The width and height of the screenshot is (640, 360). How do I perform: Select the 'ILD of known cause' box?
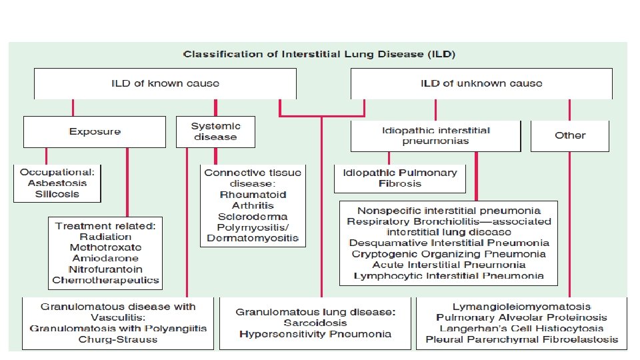click(x=165, y=83)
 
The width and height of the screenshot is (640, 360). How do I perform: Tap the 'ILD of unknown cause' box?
click(x=481, y=83)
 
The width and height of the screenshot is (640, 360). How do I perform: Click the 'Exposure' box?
click(x=95, y=131)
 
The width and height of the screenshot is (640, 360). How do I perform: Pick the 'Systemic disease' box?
click(x=215, y=131)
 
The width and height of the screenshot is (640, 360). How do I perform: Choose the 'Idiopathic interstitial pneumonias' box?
click(x=436, y=135)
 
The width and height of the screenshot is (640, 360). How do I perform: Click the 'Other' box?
click(x=570, y=135)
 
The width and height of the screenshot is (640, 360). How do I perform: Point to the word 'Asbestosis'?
click(x=56, y=183)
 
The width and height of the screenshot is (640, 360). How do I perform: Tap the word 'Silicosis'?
click(x=56, y=194)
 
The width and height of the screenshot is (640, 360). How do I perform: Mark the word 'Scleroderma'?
click(x=253, y=217)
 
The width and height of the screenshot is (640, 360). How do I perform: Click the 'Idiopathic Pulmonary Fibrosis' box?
click(x=399, y=177)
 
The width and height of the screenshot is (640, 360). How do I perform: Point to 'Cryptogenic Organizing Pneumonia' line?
click(x=449, y=254)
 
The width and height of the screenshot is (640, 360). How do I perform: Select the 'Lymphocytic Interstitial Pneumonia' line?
click(x=449, y=275)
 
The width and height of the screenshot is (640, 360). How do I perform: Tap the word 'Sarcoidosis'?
click(x=315, y=322)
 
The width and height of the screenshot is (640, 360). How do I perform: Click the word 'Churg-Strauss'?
click(x=118, y=339)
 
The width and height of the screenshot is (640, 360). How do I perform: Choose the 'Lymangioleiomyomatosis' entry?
click(x=521, y=307)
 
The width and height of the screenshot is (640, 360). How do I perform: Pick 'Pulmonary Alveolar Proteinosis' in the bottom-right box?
click(x=521, y=318)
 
